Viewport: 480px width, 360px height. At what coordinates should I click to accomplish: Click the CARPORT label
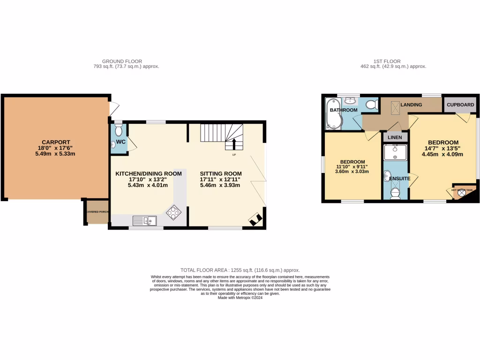click(55, 142)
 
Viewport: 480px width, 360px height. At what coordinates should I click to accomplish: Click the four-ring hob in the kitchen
click(174, 212)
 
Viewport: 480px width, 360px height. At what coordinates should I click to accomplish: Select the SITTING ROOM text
click(220, 173)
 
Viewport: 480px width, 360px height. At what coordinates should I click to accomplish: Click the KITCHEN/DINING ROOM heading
click(149, 173)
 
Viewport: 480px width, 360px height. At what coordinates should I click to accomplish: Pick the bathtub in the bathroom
click(334, 115)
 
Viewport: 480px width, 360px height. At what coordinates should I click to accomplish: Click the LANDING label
click(411, 105)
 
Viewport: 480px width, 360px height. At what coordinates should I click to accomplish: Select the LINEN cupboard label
click(394, 137)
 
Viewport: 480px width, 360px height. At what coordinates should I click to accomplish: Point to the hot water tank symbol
click(459, 193)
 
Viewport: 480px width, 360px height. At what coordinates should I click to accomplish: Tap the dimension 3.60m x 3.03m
click(352, 171)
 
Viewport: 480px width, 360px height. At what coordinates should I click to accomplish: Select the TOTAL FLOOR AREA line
click(240, 270)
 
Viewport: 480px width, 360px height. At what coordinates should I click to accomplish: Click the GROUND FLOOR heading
click(122, 61)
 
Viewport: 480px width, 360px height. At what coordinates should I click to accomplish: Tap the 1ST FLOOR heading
click(388, 61)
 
